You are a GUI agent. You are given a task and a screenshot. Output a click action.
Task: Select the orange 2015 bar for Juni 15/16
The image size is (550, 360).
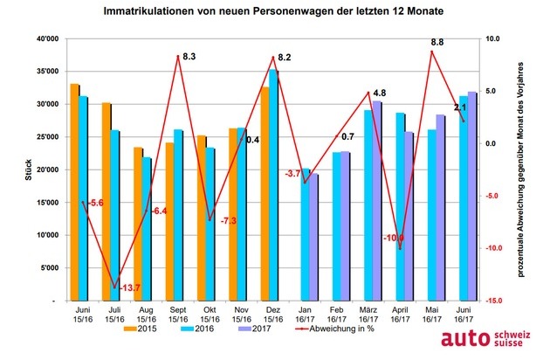[74, 192]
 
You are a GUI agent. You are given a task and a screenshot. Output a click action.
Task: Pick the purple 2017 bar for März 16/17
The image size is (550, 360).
[376, 201]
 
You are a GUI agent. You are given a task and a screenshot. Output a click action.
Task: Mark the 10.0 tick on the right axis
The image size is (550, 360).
[492, 39]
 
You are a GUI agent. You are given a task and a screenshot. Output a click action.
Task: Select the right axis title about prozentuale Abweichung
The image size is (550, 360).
[520, 170]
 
